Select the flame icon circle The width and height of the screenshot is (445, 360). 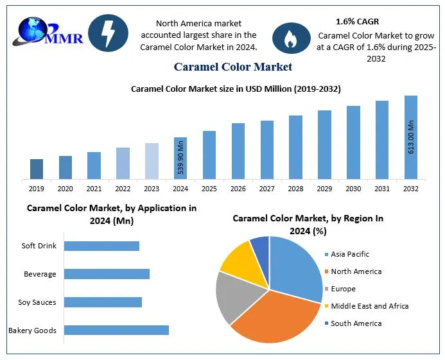click(x=291, y=38)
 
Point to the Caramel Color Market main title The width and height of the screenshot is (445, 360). click(x=233, y=66)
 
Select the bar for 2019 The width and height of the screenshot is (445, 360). click(x=37, y=169)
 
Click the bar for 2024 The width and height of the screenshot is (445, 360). click(x=180, y=158)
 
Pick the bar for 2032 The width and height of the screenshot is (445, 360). click(x=410, y=137)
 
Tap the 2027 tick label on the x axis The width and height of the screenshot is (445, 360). click(x=266, y=189)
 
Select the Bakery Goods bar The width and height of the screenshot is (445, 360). click(x=116, y=330)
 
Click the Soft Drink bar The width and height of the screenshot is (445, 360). click(x=101, y=246)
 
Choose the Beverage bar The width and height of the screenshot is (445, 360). click(x=107, y=274)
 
